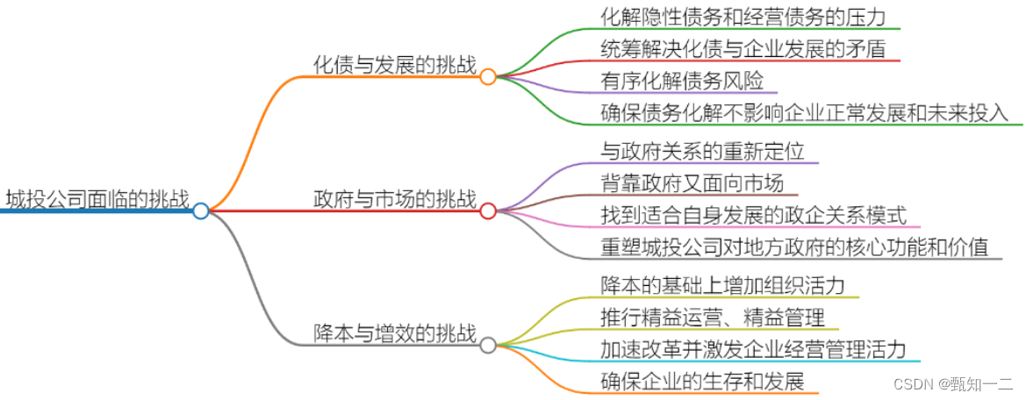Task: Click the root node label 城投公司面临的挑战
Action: point(97,199)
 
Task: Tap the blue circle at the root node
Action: point(201,211)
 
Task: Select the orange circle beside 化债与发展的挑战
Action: point(488,76)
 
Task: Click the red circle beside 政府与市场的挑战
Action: point(488,211)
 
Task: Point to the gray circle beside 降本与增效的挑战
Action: point(488,345)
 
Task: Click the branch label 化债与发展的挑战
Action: point(395,65)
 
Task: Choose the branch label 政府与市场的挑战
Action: point(395,199)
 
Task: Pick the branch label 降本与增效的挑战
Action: point(395,333)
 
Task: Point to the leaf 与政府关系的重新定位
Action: point(702,151)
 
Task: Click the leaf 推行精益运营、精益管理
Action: point(713,317)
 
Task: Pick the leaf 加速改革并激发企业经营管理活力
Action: point(753,349)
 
